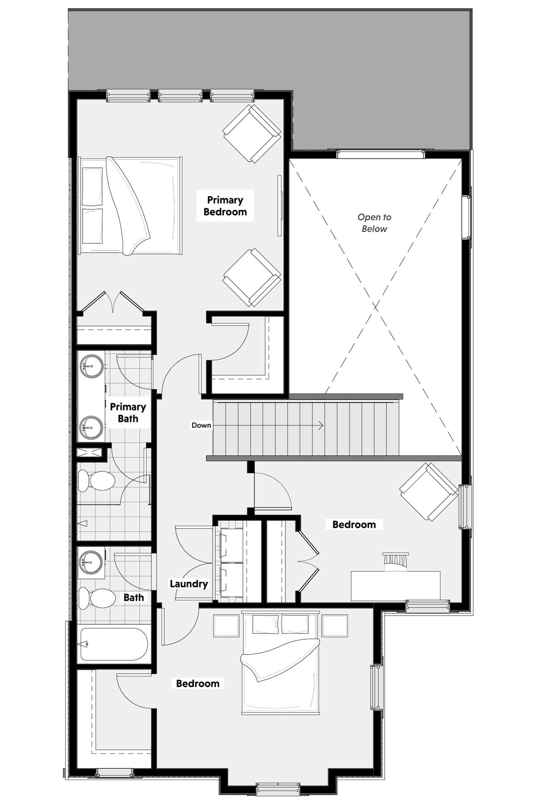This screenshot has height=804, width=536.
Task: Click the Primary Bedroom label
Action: coord(225,206)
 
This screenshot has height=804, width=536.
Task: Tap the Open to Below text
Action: coord(374,223)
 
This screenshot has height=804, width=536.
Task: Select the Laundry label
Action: coord(188,584)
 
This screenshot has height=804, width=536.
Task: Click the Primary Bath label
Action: coord(128,413)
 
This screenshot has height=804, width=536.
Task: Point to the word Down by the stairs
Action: coord(201,425)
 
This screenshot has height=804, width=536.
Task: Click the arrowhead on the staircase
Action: coord(321,425)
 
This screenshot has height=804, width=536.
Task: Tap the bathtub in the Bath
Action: coord(114,644)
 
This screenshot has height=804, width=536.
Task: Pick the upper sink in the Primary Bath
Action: coord(91,366)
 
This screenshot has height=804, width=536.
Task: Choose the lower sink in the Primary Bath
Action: coord(91,427)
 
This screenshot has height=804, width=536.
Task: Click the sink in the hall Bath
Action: coord(91,562)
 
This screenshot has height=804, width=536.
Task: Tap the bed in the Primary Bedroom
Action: coord(130,206)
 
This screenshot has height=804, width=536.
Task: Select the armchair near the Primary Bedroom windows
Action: coord(252,134)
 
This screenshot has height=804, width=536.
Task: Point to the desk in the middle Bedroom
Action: coord(395,586)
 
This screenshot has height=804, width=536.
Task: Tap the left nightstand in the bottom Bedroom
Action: coord(227,626)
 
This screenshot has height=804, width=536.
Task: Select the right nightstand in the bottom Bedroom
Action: coord(335,626)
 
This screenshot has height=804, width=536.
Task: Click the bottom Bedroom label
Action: coord(197,683)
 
